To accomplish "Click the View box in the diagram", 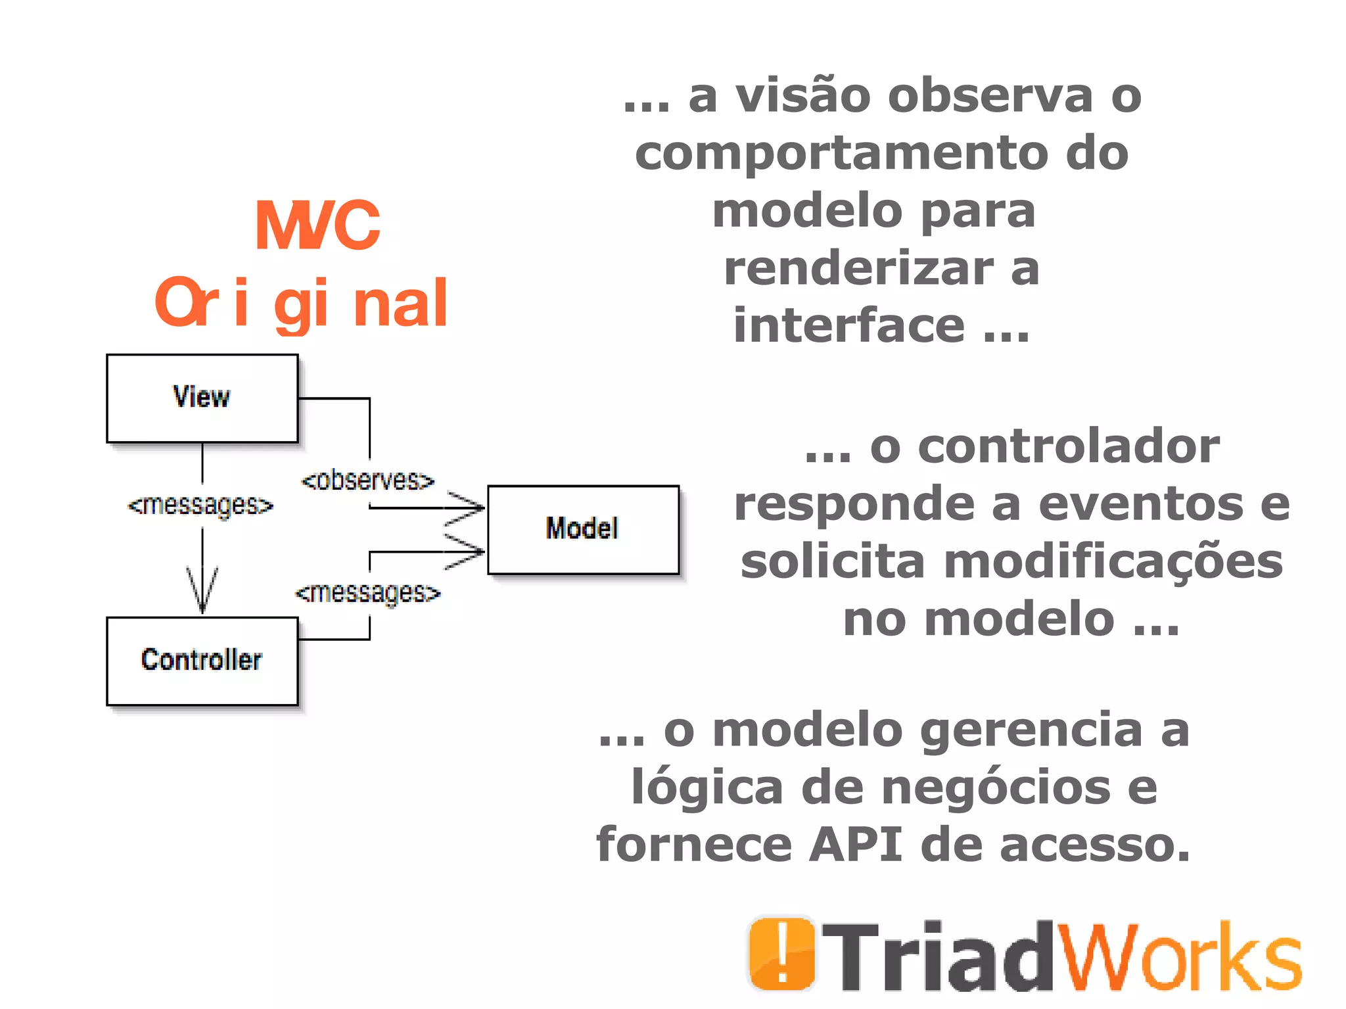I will (x=202, y=398).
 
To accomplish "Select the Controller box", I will (x=202, y=661).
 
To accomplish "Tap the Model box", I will (x=583, y=529).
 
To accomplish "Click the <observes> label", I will (x=368, y=481).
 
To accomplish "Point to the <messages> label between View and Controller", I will (x=200, y=505).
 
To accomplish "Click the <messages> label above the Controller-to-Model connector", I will (x=368, y=593).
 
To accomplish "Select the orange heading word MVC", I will (x=317, y=226).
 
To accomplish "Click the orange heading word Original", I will (x=302, y=303).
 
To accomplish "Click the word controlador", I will (x=1069, y=446).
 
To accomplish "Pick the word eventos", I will (x=1141, y=504).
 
